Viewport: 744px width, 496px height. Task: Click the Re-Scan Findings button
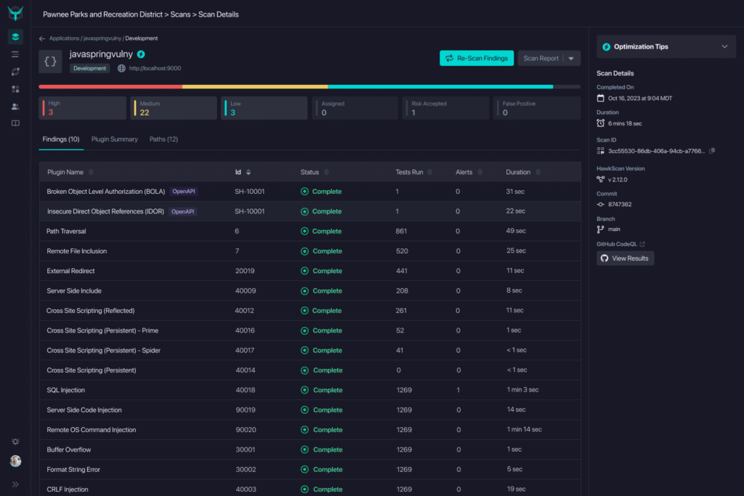point(477,58)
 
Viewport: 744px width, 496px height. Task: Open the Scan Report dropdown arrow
point(571,58)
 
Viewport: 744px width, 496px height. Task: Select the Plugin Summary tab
point(114,139)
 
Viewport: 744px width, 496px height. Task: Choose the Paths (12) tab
point(163,139)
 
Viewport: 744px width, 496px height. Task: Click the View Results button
point(625,258)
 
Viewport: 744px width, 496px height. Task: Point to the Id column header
point(238,172)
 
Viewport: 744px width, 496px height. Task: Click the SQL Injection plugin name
point(66,390)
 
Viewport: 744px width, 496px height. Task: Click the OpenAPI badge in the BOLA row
point(184,192)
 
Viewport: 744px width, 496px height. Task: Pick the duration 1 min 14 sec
point(524,430)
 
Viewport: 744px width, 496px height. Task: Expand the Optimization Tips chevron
point(724,46)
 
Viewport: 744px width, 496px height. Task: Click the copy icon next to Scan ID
point(712,150)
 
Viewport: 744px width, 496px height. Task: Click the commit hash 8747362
point(620,204)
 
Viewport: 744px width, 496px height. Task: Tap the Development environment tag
point(90,68)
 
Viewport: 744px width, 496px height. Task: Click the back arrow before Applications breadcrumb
point(42,38)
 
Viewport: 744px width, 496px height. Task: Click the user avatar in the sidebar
point(15,461)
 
